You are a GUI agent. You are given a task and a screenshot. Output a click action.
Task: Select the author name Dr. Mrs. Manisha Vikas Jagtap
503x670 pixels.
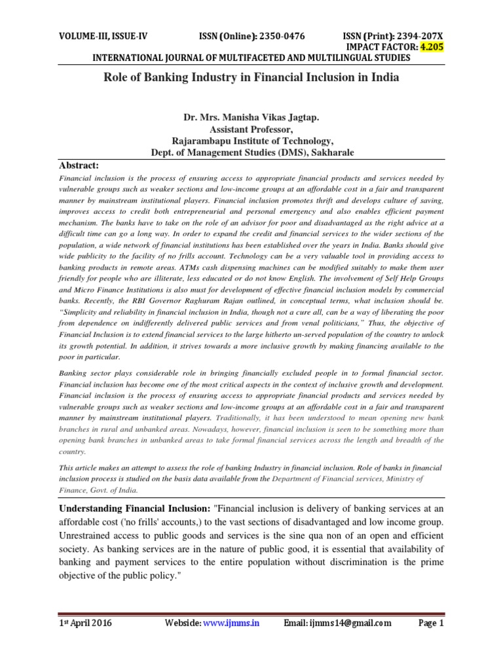pyautogui.click(x=252, y=117)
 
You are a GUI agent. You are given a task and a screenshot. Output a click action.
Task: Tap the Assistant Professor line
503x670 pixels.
pyautogui.click(x=252, y=129)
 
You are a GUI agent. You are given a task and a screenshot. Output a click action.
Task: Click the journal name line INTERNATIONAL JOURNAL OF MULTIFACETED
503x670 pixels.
pyautogui.click(x=251, y=58)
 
